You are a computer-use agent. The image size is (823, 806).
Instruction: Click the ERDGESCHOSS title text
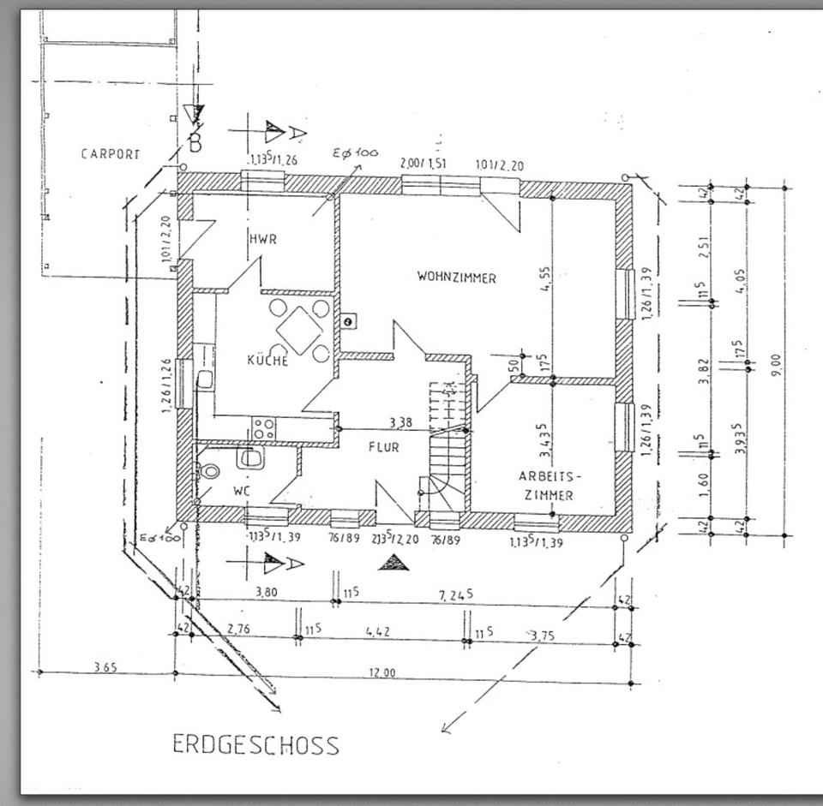pos(255,743)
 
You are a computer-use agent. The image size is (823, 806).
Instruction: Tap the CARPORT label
pos(110,154)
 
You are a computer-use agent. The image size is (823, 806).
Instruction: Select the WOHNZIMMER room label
pos(456,277)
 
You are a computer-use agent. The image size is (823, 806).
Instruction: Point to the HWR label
pos(263,239)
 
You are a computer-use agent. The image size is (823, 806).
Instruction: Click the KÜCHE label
pos(267,361)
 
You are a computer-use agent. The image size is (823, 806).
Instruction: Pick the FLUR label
pos(383,446)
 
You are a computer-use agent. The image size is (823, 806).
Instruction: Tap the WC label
pos(240,492)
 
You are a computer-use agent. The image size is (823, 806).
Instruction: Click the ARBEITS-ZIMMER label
pos(550,485)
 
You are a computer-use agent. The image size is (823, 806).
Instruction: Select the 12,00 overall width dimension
pos(382,672)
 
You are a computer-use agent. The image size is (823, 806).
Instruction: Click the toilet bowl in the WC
pos(207,471)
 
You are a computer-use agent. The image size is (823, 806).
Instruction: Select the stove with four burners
pos(264,427)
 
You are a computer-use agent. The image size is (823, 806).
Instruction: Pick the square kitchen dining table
pos(300,331)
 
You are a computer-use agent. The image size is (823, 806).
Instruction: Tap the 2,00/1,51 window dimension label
pos(424,164)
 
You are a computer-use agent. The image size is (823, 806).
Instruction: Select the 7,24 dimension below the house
pos(455,594)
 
